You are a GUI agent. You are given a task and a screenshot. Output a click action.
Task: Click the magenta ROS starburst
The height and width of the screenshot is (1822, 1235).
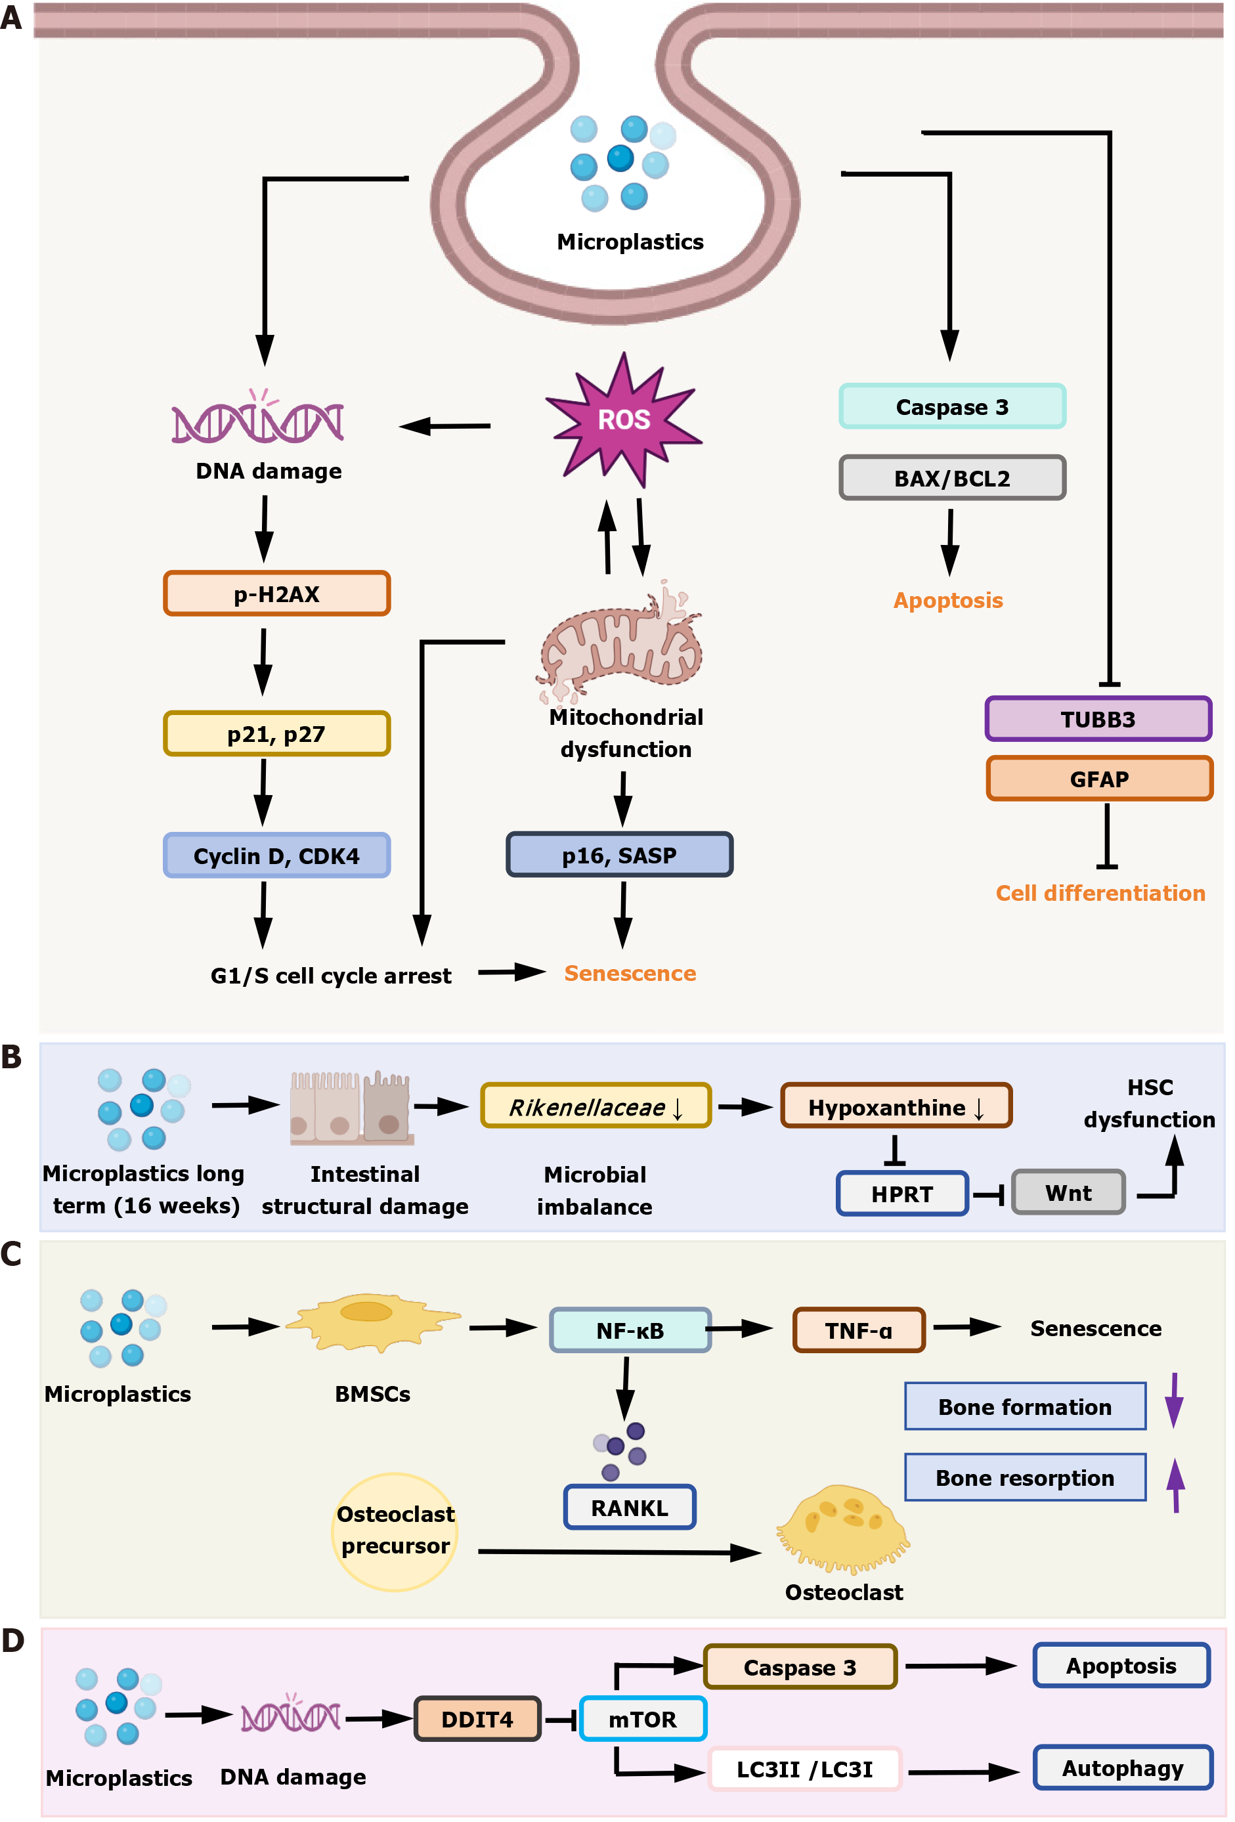(x=623, y=420)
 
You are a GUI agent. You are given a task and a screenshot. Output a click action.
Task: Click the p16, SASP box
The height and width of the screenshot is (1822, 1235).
(x=618, y=855)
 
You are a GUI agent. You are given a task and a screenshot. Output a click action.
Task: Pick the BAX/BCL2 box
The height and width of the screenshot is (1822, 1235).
(x=952, y=477)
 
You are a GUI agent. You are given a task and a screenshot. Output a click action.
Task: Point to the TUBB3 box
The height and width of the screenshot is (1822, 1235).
(x=1098, y=719)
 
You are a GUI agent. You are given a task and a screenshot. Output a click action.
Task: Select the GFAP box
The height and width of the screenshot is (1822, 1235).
(x=1098, y=779)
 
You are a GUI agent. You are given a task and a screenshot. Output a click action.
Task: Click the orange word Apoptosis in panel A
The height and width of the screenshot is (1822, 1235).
(x=947, y=601)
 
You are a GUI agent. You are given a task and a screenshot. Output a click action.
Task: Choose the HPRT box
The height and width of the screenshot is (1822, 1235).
(x=901, y=1193)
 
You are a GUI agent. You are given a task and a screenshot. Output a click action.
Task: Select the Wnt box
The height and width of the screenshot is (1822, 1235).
(x=1068, y=1192)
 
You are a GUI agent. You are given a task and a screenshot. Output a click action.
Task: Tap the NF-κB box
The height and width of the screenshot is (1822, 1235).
(x=630, y=1330)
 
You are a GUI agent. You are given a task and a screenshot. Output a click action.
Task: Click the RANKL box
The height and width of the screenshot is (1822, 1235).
(x=629, y=1507)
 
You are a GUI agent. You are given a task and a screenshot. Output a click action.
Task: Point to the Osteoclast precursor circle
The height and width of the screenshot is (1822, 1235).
(x=395, y=1531)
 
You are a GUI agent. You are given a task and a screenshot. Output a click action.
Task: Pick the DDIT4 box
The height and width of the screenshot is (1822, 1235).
(x=477, y=1718)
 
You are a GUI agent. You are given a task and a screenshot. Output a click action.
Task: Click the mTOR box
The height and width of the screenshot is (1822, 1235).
(x=642, y=1718)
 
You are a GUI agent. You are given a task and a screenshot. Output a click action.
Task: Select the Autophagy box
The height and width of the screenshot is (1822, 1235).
(x=1122, y=1768)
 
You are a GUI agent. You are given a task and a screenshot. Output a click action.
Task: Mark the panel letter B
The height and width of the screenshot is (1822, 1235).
(x=12, y=1057)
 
